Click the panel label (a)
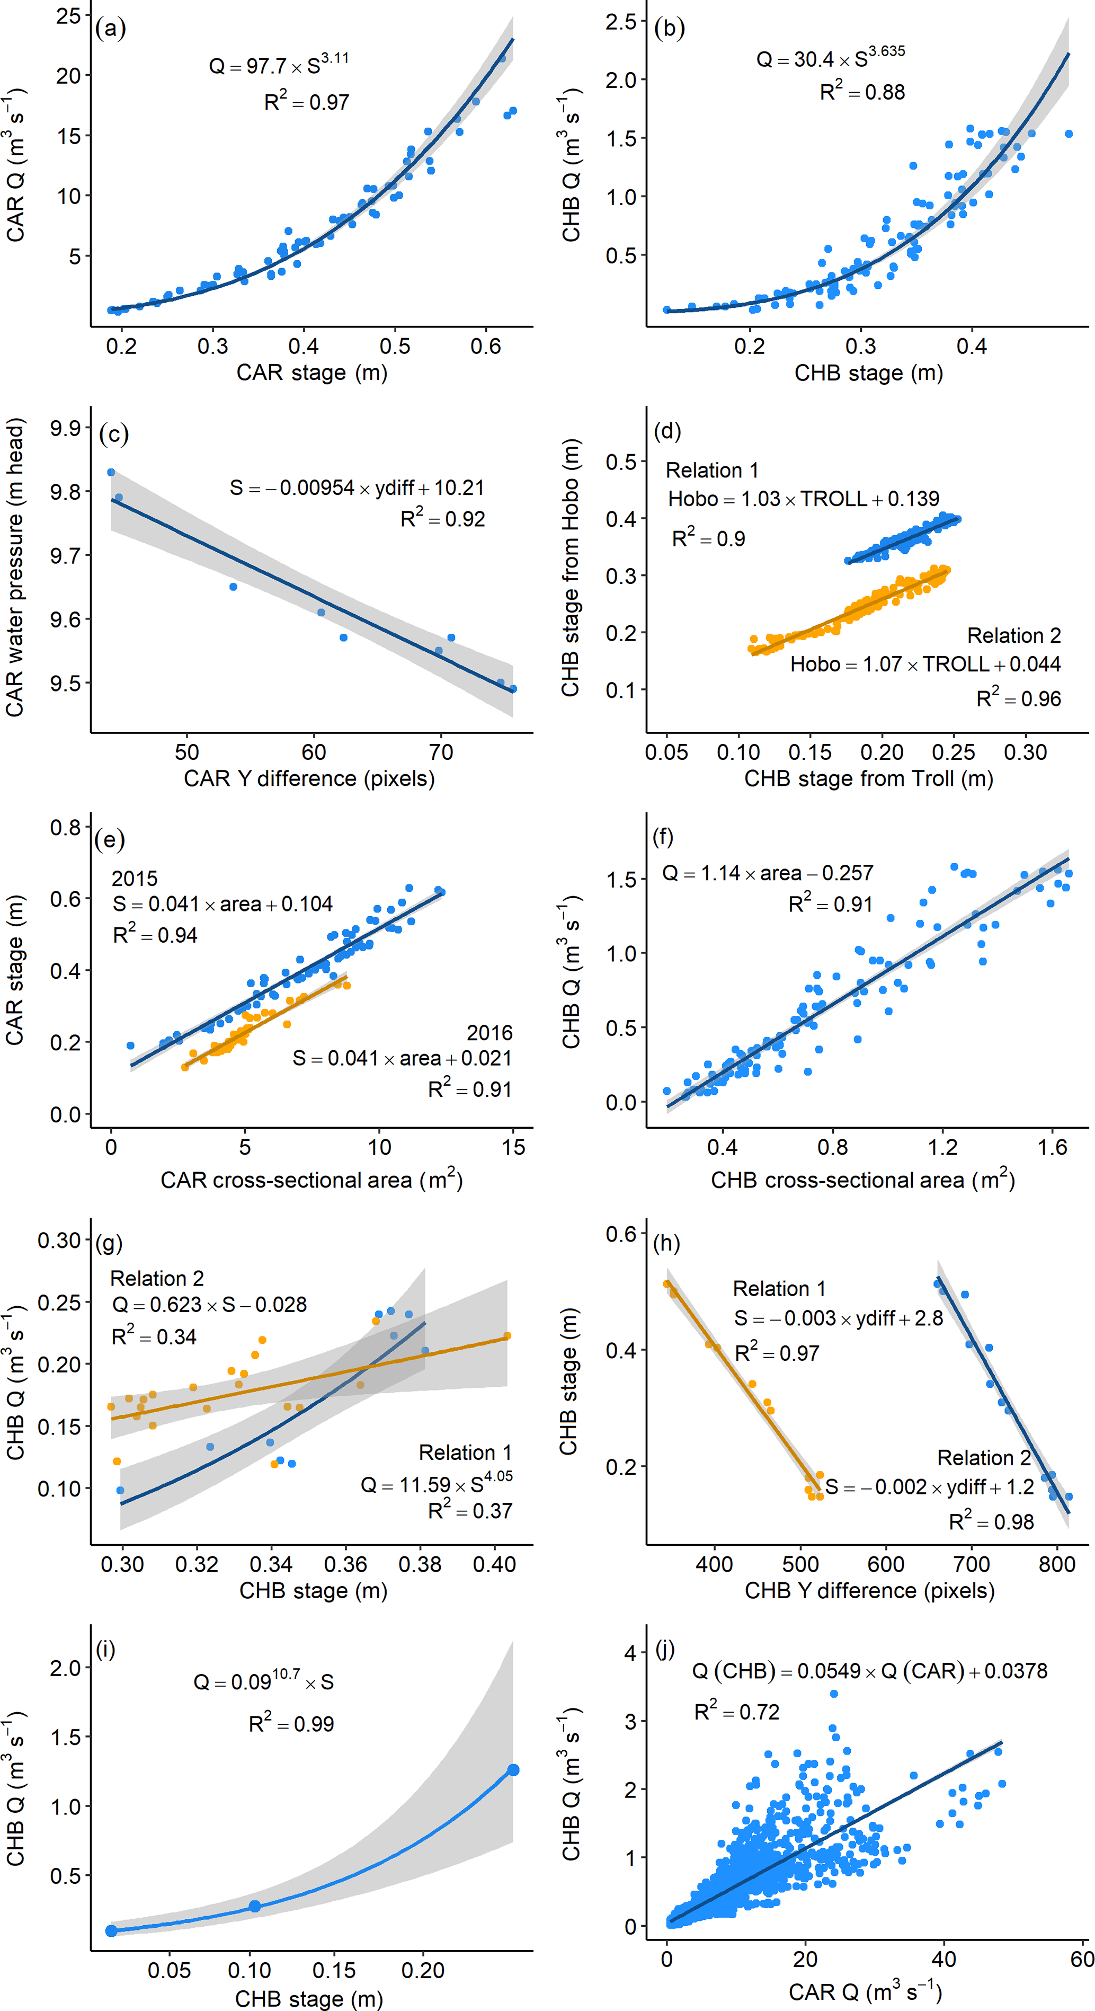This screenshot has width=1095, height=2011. tap(110, 29)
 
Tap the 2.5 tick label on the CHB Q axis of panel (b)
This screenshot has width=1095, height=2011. tap(621, 22)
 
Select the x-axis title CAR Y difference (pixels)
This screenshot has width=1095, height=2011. tap(309, 778)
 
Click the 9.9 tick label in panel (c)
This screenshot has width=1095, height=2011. tap(66, 428)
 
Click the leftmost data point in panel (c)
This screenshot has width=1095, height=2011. tap(111, 472)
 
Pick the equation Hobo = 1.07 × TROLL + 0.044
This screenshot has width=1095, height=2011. tap(925, 665)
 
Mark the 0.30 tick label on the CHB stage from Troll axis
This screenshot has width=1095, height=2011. tap(1025, 752)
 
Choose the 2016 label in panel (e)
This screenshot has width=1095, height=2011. tap(489, 1033)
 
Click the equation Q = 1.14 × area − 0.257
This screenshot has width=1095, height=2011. tap(767, 873)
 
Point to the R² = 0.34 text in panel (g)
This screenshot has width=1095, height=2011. tap(154, 1336)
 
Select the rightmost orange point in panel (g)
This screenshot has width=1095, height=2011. tap(508, 1336)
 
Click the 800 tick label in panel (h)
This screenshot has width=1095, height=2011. tap(1057, 1564)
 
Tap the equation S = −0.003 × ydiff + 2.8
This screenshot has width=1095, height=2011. tap(838, 1318)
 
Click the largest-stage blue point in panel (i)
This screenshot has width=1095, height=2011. tap(513, 1770)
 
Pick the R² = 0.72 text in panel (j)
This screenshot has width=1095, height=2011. tap(737, 1712)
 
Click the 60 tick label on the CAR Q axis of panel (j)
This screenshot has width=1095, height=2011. tap(1082, 1960)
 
